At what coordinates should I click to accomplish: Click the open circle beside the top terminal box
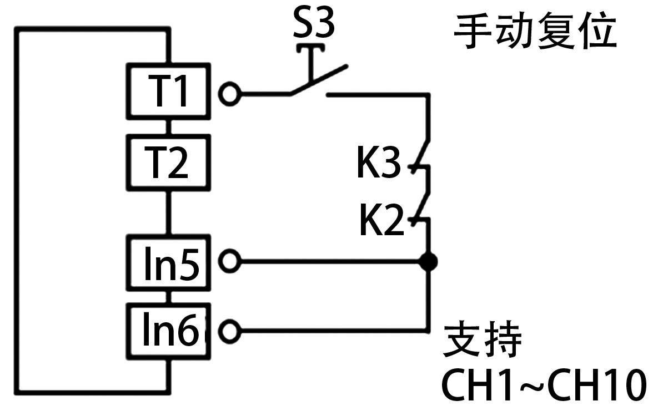pos(229,94)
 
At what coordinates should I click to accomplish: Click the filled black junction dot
pos(427,261)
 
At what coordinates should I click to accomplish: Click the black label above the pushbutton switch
pos(314,21)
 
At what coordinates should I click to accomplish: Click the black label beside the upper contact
pos(379,162)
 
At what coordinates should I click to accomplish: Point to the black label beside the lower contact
pos(381,220)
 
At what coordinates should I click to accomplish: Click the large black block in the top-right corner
pos(534,31)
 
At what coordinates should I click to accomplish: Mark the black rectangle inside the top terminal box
pos(167,90)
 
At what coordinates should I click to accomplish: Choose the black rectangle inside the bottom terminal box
pos(171,329)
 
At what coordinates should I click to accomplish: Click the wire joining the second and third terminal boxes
pos(169,213)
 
